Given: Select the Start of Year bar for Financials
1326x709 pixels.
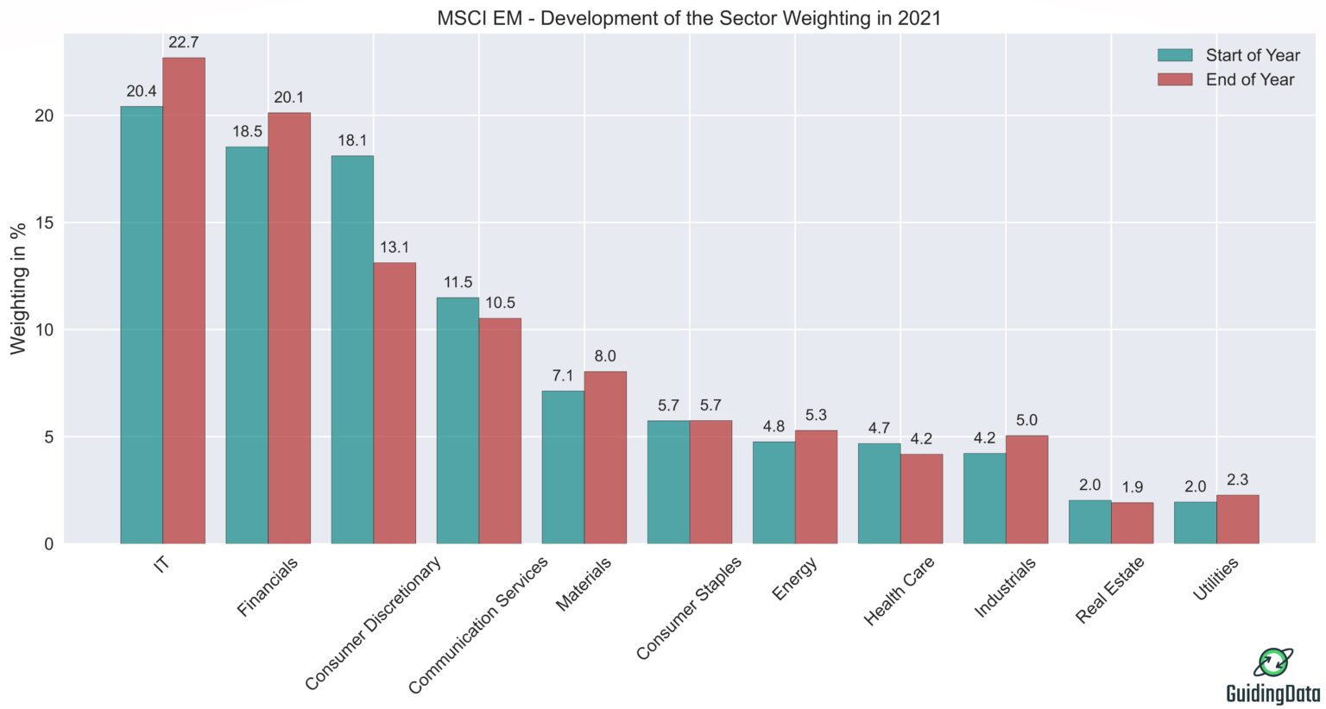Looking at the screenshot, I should [247, 345].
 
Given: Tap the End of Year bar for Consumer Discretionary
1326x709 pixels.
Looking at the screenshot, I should [395, 403].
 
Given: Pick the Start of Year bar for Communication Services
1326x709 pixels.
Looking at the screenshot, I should [458, 420].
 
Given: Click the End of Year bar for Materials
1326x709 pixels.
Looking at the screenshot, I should [605, 457].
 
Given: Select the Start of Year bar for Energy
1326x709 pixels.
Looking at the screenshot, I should [773, 493].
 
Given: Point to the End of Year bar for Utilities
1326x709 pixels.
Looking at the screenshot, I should [1237, 519].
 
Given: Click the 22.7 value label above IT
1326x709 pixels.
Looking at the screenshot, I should [184, 42].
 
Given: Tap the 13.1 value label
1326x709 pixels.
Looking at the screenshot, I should [395, 248].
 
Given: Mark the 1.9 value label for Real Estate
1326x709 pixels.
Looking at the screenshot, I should [1132, 487].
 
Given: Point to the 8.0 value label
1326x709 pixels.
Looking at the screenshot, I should [605, 356].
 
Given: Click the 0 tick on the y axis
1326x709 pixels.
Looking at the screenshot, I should [48, 544].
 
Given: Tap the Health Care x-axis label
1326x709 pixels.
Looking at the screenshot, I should [900, 592].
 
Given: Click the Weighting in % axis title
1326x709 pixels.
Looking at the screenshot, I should [18, 289].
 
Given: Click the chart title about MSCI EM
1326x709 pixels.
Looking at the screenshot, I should [688, 17].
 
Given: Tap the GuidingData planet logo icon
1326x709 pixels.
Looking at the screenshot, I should [1272, 662].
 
